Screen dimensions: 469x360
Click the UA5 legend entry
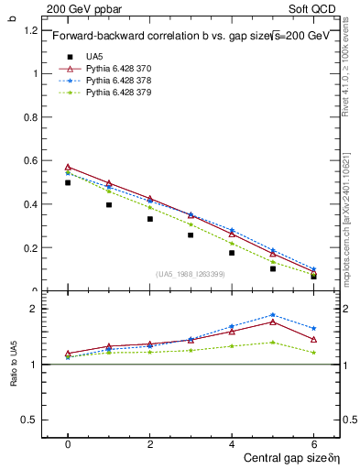point(94,57)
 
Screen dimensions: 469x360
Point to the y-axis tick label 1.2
point(31,30)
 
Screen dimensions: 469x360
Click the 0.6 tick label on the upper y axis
point(31,160)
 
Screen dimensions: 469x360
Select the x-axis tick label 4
point(232,443)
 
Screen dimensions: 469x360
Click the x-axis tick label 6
point(313,443)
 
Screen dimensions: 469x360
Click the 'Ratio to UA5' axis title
point(14,365)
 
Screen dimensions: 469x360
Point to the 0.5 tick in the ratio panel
point(31,420)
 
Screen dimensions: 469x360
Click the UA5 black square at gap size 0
point(68,182)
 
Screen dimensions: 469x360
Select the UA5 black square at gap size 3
point(191,234)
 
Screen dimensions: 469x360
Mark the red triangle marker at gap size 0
point(68,168)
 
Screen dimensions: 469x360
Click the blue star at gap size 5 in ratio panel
point(272,315)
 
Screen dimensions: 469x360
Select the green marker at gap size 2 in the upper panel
point(149,207)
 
